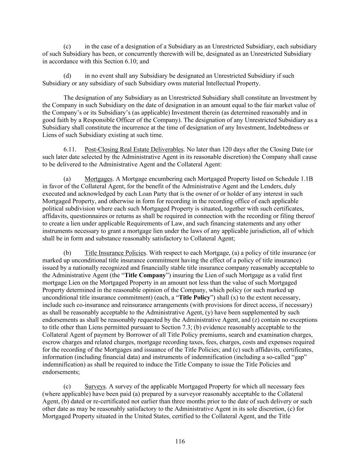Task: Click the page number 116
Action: [x=180, y=441]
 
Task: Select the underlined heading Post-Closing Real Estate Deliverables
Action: [x=134, y=150]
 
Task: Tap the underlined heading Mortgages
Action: [x=98, y=179]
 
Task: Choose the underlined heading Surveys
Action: [x=95, y=386]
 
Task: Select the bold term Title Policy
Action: [x=195, y=297]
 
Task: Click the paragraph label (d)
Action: [x=67, y=76]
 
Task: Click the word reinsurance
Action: [x=157, y=305]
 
